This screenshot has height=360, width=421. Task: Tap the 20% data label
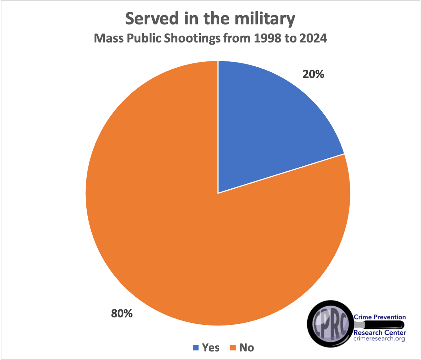tap(313, 74)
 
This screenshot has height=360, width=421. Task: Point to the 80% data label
tap(122, 313)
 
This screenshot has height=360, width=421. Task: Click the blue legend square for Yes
tap(196, 347)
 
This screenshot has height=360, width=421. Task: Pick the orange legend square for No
tap(233, 347)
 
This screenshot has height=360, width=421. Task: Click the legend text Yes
tap(211, 347)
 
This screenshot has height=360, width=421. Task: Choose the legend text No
tap(247, 347)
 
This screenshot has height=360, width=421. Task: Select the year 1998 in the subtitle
tap(267, 38)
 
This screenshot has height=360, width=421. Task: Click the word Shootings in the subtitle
tap(192, 38)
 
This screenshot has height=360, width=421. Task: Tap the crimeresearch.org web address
tap(379, 339)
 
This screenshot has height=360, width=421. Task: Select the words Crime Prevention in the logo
tap(379, 317)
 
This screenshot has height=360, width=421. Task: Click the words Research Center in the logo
tap(379, 333)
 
